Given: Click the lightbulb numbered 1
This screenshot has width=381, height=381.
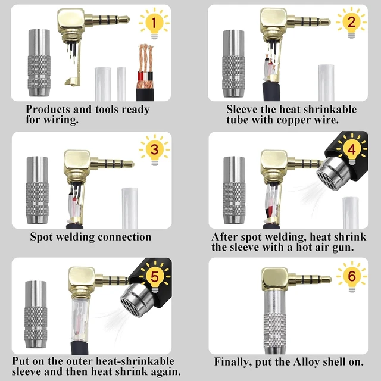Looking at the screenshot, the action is tap(154, 24).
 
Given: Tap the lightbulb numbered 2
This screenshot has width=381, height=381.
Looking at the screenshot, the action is tap(351, 23).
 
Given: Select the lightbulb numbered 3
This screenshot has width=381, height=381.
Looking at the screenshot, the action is tap(155, 150).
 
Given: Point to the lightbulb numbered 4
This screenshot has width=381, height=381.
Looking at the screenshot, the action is tap(352, 149).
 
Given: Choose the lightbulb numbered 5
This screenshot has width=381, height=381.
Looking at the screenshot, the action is tap(155, 277).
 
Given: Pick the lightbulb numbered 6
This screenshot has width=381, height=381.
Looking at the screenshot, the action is tap(352, 276).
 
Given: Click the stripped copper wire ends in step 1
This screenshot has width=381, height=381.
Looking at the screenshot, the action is tap(145, 58).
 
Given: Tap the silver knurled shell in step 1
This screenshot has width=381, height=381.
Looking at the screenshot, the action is tap(39, 63).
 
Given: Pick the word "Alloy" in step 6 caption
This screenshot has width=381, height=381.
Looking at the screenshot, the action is tap(306, 362).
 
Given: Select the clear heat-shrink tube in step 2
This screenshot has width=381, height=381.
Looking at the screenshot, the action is tap(326, 83).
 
